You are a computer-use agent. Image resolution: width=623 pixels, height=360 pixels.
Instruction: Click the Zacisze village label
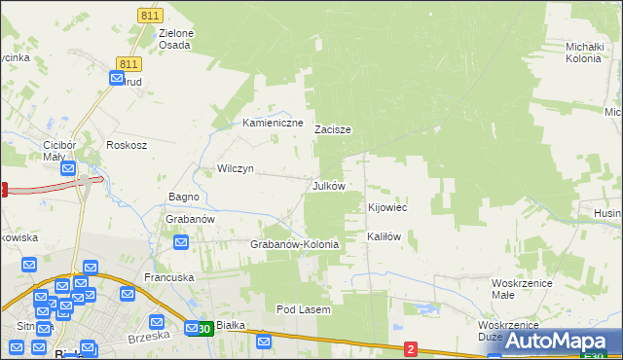coord(333,129)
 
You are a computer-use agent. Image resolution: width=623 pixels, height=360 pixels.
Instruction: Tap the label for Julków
coord(328,185)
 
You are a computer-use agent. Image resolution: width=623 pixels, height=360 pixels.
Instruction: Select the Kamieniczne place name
coord(274,124)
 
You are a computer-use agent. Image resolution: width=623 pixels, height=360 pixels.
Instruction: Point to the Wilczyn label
coord(236,168)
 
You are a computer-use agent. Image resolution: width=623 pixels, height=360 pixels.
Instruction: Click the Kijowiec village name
coord(386,208)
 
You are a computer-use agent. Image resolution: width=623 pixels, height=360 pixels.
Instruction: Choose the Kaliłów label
coord(385,236)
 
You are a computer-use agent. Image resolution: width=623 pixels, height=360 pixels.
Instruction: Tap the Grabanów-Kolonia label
coord(295,244)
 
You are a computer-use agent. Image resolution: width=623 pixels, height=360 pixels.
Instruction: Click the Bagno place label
coord(184,198)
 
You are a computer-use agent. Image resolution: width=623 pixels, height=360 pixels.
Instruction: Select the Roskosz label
coord(127,145)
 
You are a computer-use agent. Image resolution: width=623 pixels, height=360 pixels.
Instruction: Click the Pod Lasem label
coord(304,309)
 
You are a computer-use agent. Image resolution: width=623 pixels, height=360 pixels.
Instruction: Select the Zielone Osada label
coord(175,39)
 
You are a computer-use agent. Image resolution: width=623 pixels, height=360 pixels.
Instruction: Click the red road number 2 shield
coord(411,348)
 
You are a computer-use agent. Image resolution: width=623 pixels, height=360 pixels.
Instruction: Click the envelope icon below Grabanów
coord(180,240)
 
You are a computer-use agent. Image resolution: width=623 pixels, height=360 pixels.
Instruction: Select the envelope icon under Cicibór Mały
coord(67,167)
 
